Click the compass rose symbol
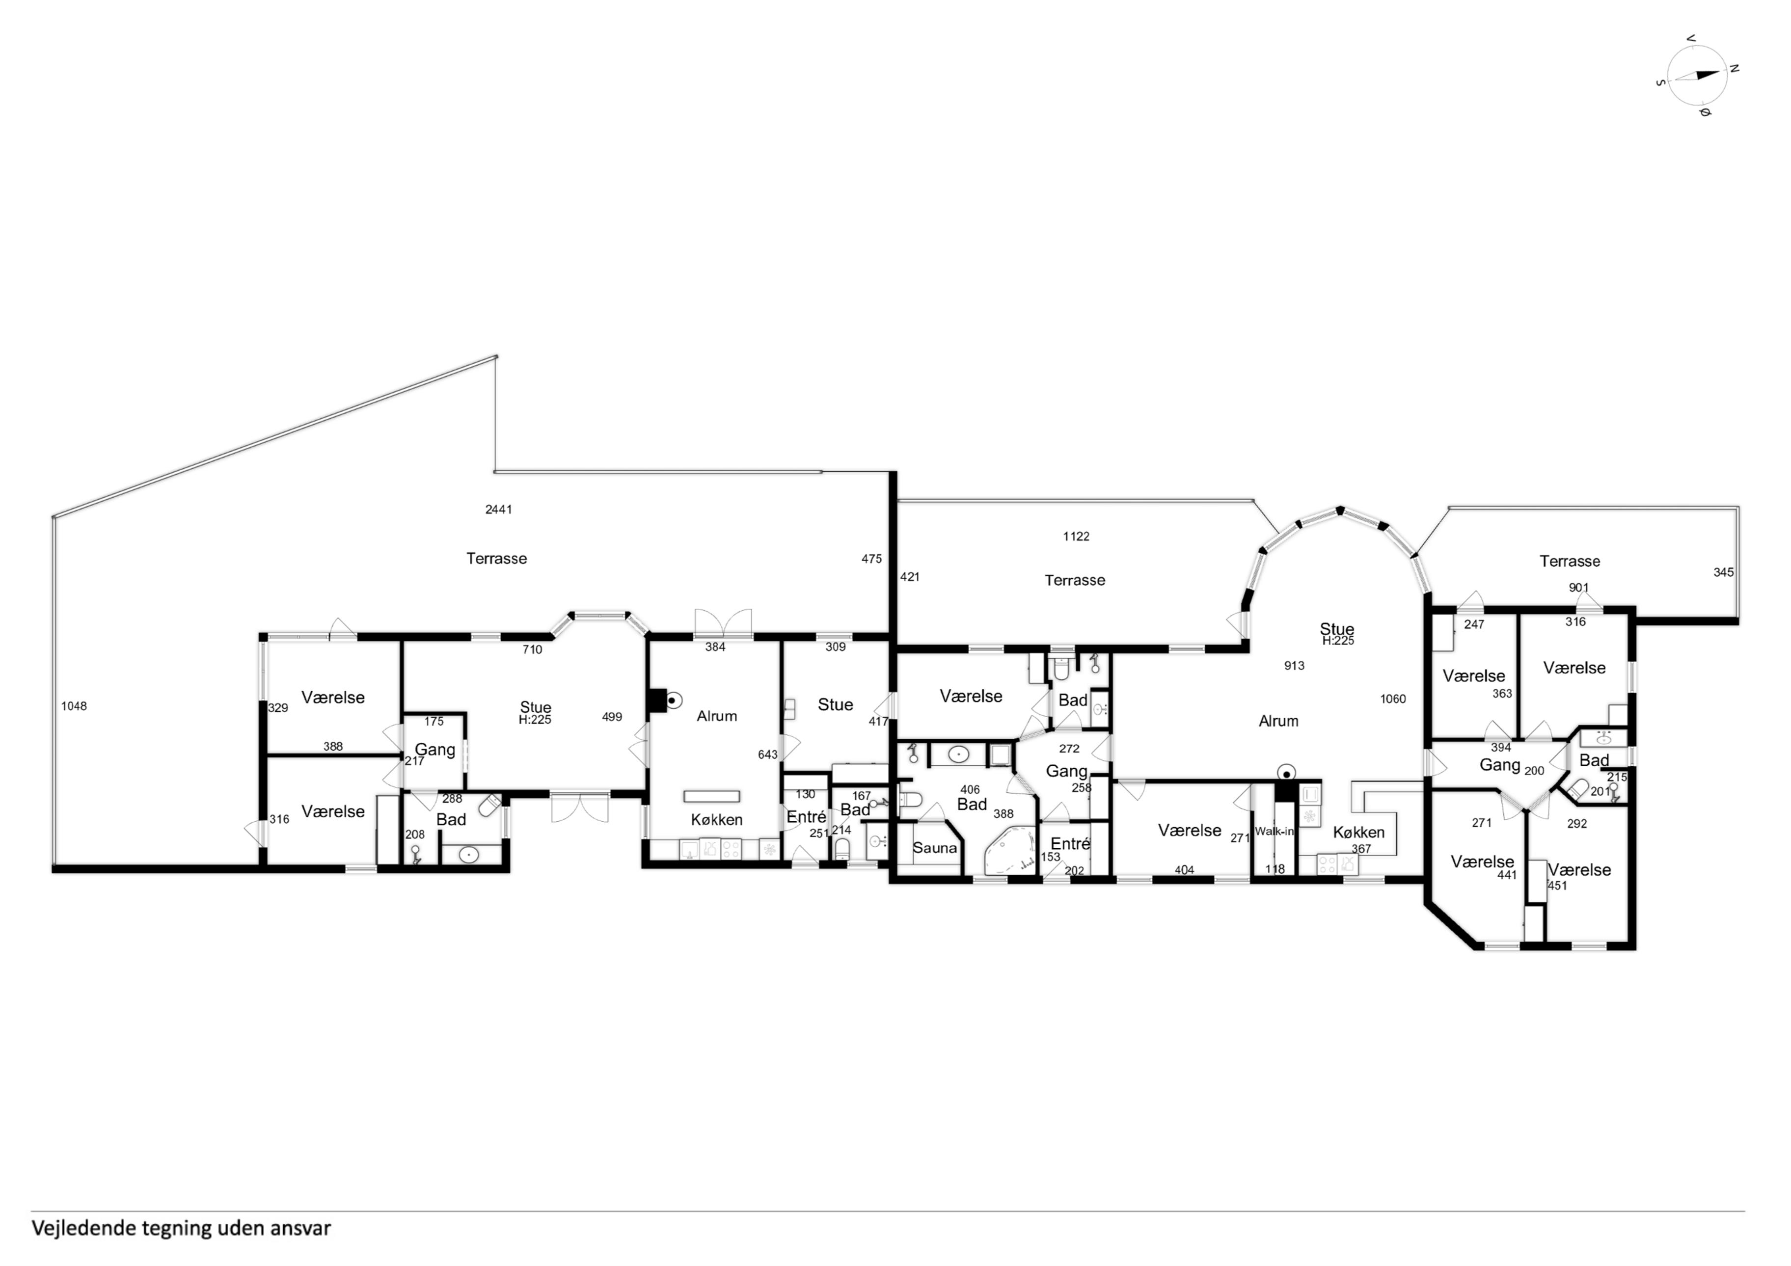[1697, 75]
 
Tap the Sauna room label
[934, 848]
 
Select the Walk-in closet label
[1274, 832]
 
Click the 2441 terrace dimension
[498, 510]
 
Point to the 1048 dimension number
[74, 706]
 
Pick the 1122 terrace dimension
[1076, 536]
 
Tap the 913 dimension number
[1294, 665]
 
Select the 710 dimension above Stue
[532, 649]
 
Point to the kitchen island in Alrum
[711, 796]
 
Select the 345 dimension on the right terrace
[1723, 572]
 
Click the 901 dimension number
[1579, 588]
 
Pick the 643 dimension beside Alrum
[767, 754]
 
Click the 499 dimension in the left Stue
[612, 717]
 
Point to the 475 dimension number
[871, 559]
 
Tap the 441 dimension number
[1507, 875]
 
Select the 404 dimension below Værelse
[1184, 870]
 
